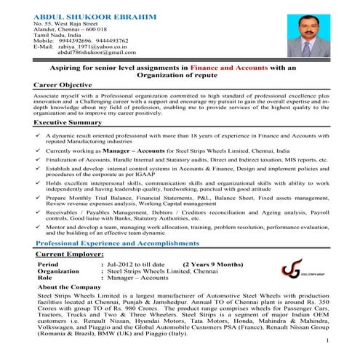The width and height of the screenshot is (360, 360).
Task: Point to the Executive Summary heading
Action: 68,122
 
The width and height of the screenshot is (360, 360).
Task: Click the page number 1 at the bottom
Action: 328,340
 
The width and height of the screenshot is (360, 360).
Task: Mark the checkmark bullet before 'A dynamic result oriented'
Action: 37,135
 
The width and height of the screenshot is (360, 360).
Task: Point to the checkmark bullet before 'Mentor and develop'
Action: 37,226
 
